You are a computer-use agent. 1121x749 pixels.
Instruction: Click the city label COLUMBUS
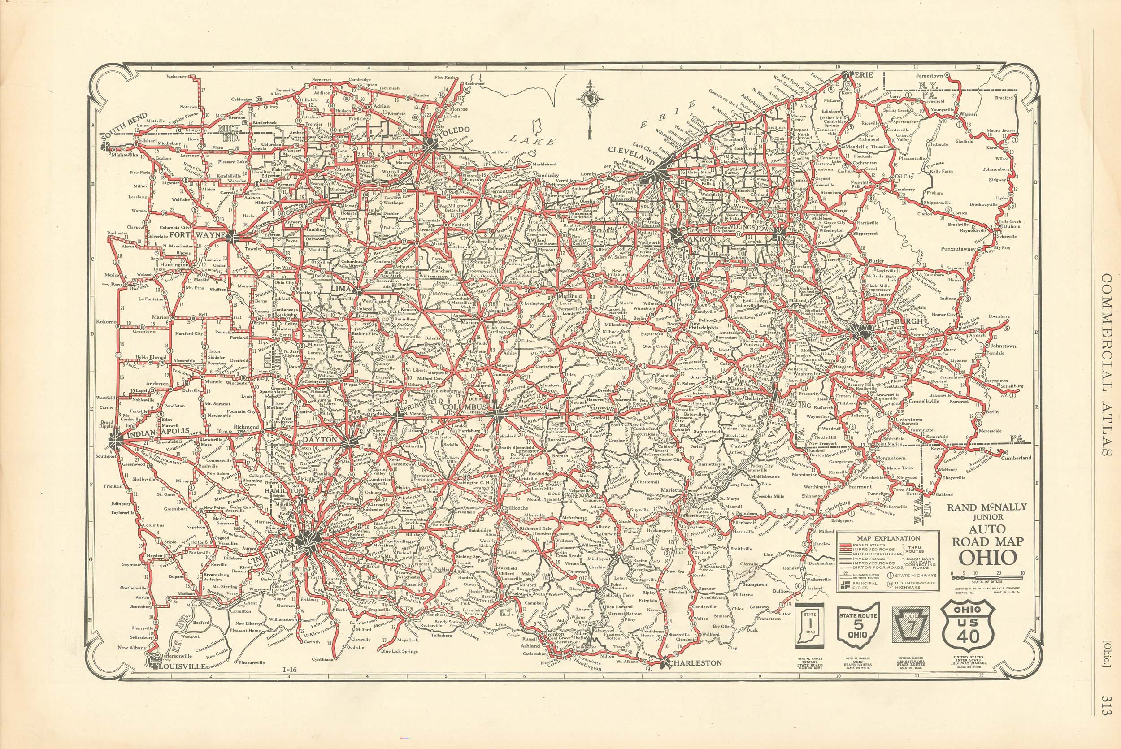[x=465, y=407]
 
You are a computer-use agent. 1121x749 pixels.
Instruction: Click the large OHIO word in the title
[x=987, y=558]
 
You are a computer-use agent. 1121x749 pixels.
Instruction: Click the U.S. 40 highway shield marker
[x=968, y=625]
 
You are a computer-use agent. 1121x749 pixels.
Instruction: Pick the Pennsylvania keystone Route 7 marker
[x=911, y=625]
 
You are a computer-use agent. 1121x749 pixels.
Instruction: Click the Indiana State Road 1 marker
[x=809, y=626]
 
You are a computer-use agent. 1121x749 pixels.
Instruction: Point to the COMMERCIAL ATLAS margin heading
[x=1105, y=365]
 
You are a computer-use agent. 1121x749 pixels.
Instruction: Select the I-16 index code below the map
[x=290, y=683]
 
